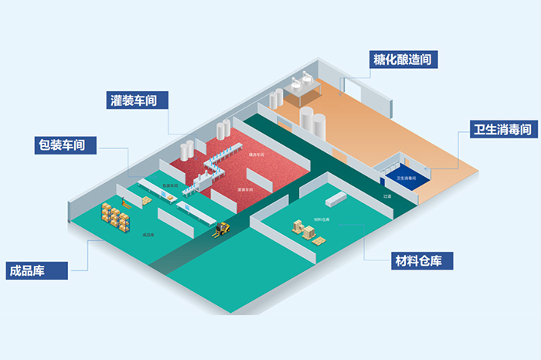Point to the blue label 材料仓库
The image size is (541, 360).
click(x=422, y=260)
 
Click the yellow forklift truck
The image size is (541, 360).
click(x=223, y=229)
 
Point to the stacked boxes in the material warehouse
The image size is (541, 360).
click(x=303, y=229)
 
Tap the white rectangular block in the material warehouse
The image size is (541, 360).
click(x=338, y=199)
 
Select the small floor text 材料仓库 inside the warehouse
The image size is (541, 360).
click(x=322, y=219)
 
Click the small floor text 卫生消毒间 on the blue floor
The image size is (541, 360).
click(x=407, y=178)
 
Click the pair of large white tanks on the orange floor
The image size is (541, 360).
click(x=312, y=120)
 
